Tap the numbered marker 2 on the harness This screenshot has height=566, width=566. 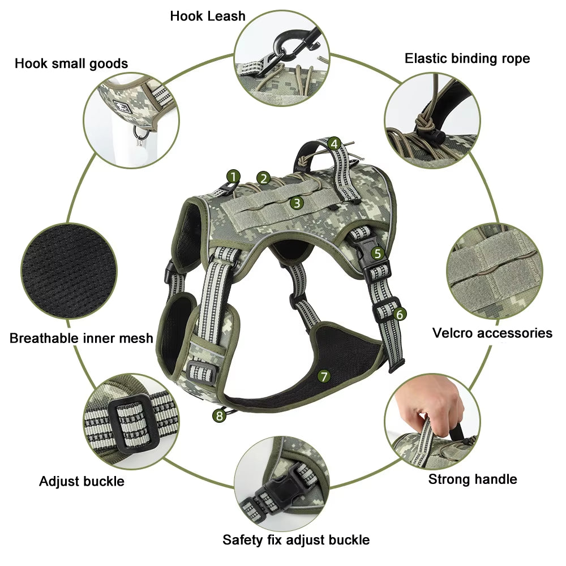pos(263,178)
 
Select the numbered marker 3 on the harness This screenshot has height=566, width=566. pos(297,203)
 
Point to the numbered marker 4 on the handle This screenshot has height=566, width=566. pos(335,144)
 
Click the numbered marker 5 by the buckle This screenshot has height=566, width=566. pos(378,254)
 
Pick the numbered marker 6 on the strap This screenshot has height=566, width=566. pos(400,314)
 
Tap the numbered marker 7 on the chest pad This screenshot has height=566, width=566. pos(324,376)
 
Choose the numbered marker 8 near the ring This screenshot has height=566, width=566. pos(218,416)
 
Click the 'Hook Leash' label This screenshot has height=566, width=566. pos(208,16)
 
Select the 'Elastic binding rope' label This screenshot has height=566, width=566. pos(467,58)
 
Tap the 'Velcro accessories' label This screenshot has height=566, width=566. pos(492,333)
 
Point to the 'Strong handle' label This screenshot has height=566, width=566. pos(472,479)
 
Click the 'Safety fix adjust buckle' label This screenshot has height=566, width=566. pos(295,539)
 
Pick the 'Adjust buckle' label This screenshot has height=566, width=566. pos(82,482)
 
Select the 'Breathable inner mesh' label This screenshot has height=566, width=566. pos(82,338)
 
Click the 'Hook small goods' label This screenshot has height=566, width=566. pos(71,63)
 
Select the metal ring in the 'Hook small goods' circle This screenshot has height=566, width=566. pos(141,133)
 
